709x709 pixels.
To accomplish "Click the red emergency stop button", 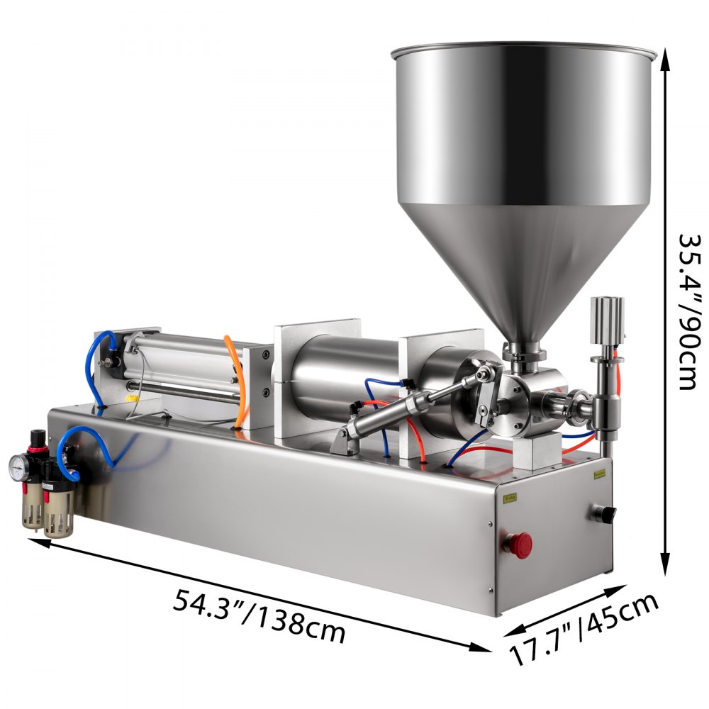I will (x=521, y=544).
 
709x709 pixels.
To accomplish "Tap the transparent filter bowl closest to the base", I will (x=58, y=514).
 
